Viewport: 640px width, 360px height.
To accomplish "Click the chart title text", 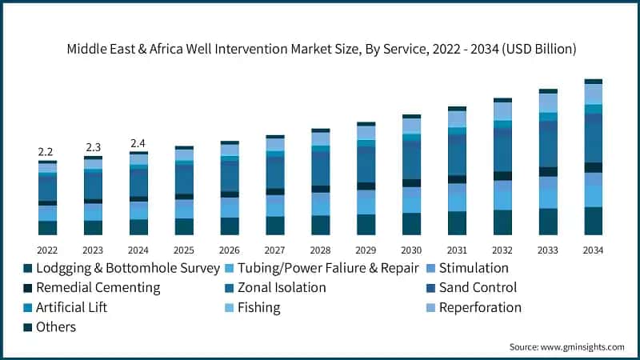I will pyautogui.click(x=320, y=50).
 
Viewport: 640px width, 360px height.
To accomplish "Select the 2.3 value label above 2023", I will pyautogui.click(x=93, y=147).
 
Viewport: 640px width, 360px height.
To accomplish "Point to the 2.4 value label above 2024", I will pyautogui.click(x=138, y=143).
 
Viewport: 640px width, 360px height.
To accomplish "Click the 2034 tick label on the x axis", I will pyautogui.click(x=593, y=249).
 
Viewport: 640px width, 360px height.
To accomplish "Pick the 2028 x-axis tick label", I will pyautogui.click(x=320, y=249).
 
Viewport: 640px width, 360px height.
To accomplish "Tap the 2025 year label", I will pyautogui.click(x=184, y=249).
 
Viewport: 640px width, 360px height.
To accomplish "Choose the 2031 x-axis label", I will pyautogui.click(x=457, y=249).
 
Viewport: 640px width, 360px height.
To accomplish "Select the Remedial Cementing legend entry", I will pyautogui.click(x=91, y=287).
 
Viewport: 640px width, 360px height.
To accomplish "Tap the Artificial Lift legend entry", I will pyautogui.click(x=70, y=307).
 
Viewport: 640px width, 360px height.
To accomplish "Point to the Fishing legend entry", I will pyautogui.click(x=258, y=307).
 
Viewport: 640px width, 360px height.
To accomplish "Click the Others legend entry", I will pyautogui.click(x=55, y=326).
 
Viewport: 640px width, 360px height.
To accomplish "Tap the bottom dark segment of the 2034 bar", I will pyautogui.click(x=593, y=222).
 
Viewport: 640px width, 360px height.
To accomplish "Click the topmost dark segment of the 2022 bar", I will pyautogui.click(x=47, y=162).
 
